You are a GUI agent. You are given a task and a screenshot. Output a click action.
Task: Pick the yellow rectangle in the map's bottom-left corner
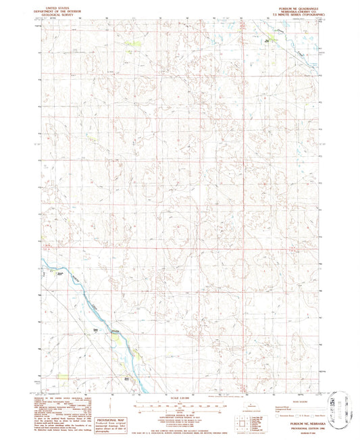[63, 379]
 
